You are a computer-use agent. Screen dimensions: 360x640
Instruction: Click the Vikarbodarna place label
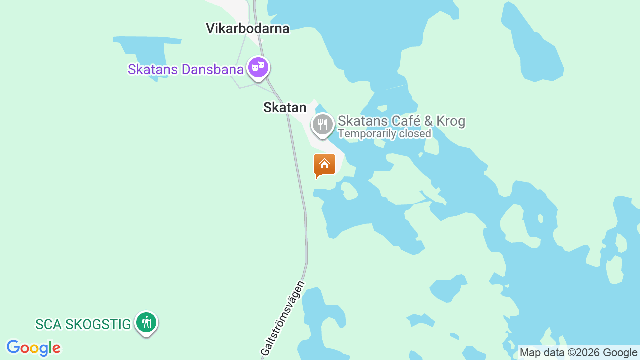pyautogui.click(x=247, y=28)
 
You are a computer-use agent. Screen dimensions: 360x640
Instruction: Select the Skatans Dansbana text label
pyautogui.click(x=185, y=69)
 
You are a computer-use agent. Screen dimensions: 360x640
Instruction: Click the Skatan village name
pyautogui.click(x=284, y=107)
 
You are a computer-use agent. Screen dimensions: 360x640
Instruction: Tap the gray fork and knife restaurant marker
pyautogui.click(x=323, y=124)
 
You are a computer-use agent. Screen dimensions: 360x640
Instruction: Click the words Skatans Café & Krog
pyautogui.click(x=401, y=121)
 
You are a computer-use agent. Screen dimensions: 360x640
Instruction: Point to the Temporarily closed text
pyautogui.click(x=384, y=134)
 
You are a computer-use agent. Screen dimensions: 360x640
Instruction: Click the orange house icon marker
pyautogui.click(x=324, y=164)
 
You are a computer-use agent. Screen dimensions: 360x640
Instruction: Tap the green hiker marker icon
pyautogui.click(x=146, y=322)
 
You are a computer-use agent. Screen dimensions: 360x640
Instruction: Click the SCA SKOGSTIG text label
pyautogui.click(x=83, y=324)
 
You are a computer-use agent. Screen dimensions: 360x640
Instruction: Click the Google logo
pyautogui.click(x=33, y=348)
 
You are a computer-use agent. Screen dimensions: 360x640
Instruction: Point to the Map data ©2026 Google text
pyautogui.click(x=578, y=353)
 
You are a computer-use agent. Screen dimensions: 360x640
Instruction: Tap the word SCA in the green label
pyautogui.click(x=48, y=324)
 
